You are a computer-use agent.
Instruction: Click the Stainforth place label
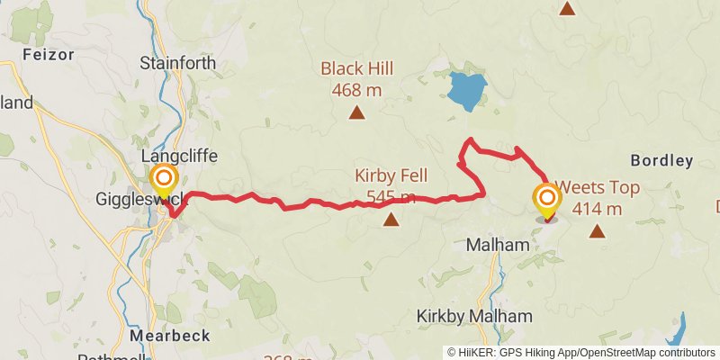(x=178, y=63)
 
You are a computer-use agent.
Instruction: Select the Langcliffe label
(x=180, y=156)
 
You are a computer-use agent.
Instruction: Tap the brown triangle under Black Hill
(x=357, y=112)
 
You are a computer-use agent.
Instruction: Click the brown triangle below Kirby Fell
(x=391, y=219)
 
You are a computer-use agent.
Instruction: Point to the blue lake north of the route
(x=466, y=91)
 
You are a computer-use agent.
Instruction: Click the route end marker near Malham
(x=546, y=199)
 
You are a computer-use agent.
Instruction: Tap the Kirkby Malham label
(x=474, y=316)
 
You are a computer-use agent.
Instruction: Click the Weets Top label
(x=598, y=189)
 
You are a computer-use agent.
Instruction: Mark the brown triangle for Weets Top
(x=598, y=231)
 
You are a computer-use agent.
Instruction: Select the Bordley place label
(x=661, y=161)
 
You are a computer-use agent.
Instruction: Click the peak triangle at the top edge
(x=567, y=8)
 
